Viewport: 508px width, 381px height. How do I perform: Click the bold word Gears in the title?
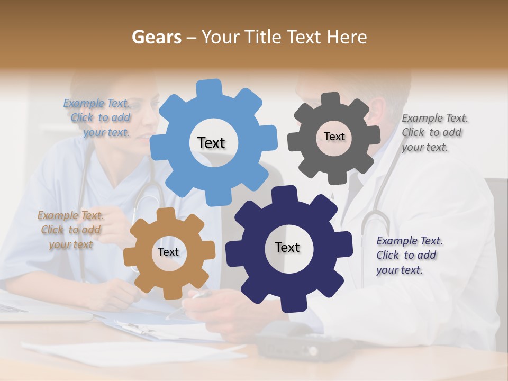(x=156, y=37)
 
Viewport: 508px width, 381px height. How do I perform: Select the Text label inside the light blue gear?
(x=211, y=143)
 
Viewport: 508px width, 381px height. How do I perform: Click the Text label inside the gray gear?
(x=334, y=137)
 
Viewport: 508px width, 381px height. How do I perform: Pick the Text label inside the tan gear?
(x=168, y=252)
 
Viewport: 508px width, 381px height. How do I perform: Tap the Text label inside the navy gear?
(x=287, y=247)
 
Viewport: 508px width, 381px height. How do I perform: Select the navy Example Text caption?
(x=409, y=255)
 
